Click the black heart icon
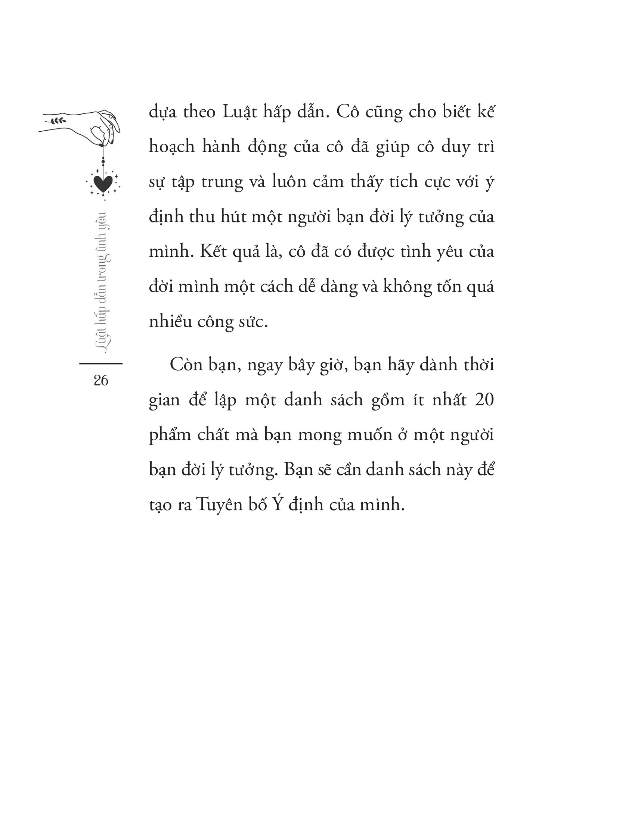[x=103, y=183]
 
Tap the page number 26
[x=101, y=380]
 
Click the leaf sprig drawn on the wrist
[x=58, y=121]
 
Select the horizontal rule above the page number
[x=101, y=363]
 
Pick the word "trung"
[x=222, y=182]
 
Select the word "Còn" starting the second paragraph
[x=186, y=365]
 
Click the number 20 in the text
[x=484, y=400]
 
